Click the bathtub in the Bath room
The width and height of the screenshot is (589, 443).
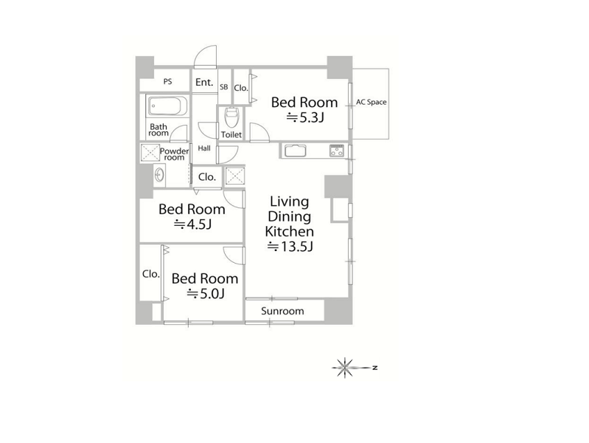(x=167, y=105)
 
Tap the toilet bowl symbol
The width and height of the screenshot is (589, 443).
(x=231, y=117)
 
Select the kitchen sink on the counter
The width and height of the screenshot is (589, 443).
(x=296, y=151)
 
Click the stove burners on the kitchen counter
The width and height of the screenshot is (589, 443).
(x=337, y=150)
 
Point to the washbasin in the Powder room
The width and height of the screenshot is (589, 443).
(x=160, y=175)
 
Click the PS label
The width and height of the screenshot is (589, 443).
(x=167, y=81)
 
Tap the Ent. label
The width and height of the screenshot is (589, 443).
(x=204, y=82)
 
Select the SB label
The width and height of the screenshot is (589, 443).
(x=223, y=87)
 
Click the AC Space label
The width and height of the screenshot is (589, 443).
(x=371, y=102)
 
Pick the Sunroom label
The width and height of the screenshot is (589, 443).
(x=282, y=311)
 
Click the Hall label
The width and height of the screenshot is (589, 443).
(x=204, y=148)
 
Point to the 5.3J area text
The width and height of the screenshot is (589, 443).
(x=305, y=118)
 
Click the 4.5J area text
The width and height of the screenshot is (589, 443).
(x=192, y=224)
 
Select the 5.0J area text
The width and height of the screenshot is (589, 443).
(x=206, y=293)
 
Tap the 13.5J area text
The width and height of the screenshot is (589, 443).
(x=290, y=247)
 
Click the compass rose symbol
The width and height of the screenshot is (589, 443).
(x=344, y=368)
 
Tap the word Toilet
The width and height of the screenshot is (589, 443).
(x=231, y=134)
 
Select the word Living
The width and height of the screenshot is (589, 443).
(x=289, y=202)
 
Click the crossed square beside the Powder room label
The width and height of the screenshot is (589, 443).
(x=150, y=153)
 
